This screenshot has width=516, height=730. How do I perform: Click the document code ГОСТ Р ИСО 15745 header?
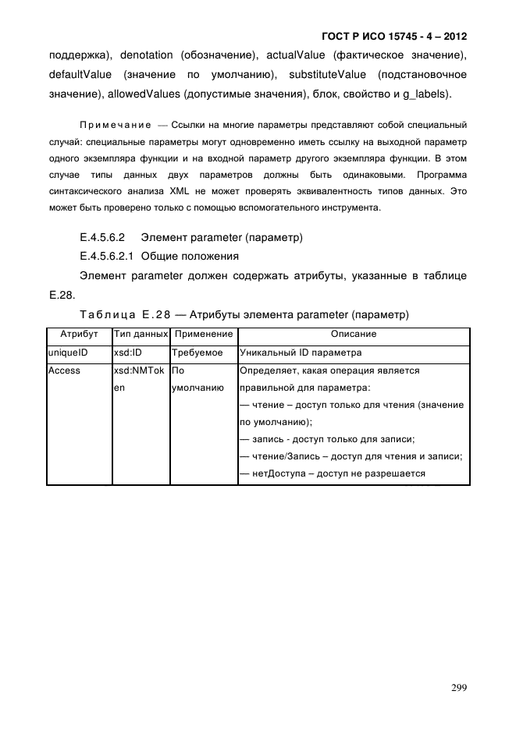398,37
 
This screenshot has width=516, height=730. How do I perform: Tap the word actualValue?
299,55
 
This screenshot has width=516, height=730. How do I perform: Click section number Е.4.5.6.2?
103,236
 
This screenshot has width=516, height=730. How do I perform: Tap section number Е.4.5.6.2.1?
108,256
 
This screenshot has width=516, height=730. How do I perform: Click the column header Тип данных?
141,334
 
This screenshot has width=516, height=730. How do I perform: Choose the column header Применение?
203,334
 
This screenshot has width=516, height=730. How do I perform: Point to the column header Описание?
354,334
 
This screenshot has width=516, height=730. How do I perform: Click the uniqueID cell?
68,353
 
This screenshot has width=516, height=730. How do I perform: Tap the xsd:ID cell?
129,353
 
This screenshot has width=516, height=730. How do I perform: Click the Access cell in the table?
64,370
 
